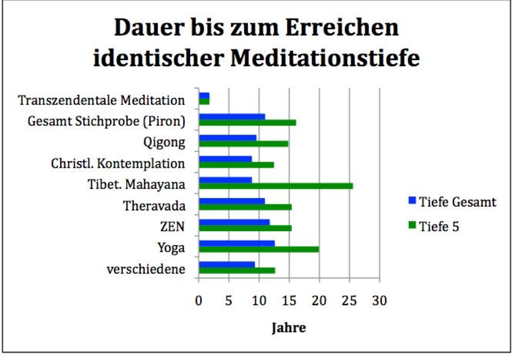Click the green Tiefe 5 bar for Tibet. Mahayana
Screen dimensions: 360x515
[276, 186]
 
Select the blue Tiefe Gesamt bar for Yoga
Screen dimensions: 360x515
[237, 244]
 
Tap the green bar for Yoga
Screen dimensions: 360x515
[259, 249]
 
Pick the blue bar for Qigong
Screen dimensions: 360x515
[228, 138]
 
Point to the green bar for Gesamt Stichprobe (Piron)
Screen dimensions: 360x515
[247, 122]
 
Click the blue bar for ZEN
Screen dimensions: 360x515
[234, 223]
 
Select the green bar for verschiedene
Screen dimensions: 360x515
[237, 270]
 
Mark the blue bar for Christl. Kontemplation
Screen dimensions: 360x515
[225, 159]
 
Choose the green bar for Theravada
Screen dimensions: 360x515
[245, 207]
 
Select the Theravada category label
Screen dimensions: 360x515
[154, 205]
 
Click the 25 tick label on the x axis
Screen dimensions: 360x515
[349, 302]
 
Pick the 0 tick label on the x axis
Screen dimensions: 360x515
[199, 302]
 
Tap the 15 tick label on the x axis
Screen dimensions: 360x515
[289, 302]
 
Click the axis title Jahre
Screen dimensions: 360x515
[289, 328]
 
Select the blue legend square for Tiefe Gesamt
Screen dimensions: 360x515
[412, 201]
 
